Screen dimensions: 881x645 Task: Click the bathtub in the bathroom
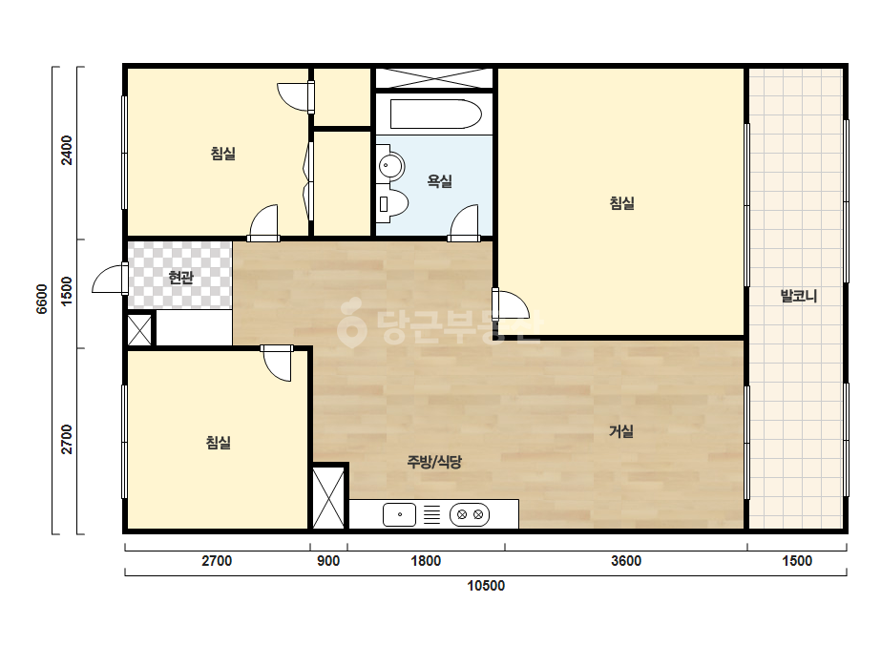click(435, 114)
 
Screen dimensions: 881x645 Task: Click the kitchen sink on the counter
click(400, 514)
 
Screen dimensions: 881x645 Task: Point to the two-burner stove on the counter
click(470, 514)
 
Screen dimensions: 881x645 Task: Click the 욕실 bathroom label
click(439, 181)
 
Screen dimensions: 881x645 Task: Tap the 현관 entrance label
click(181, 277)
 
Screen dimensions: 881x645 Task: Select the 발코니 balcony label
click(798, 296)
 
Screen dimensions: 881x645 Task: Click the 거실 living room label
click(621, 431)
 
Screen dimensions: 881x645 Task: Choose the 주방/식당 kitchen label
click(434, 462)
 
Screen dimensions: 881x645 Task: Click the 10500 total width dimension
click(486, 586)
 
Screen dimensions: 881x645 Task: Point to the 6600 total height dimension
click(42, 299)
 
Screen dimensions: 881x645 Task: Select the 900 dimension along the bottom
click(328, 561)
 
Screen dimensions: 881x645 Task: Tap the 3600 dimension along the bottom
click(626, 561)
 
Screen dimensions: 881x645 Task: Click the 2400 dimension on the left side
click(67, 150)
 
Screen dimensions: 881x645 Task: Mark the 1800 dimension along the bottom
click(426, 561)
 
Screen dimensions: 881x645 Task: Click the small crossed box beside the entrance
click(139, 330)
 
